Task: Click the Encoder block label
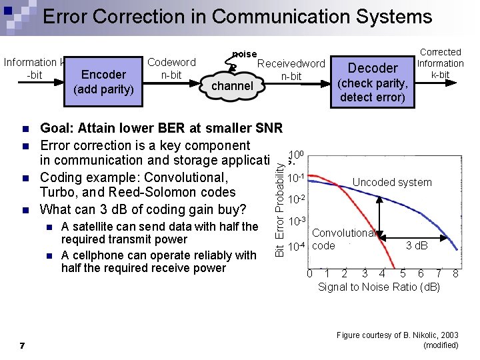[103, 75]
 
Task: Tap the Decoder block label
[373, 67]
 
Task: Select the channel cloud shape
[232, 85]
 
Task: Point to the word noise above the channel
[244, 53]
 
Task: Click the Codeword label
[171, 62]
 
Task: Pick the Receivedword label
[291, 64]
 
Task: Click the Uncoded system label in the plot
[392, 182]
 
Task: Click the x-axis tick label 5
[402, 273]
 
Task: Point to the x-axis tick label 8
[455, 273]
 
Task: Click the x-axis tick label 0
[309, 273]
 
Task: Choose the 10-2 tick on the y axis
[297, 200]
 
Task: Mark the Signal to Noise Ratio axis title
[379, 287]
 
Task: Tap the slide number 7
[23, 345]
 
